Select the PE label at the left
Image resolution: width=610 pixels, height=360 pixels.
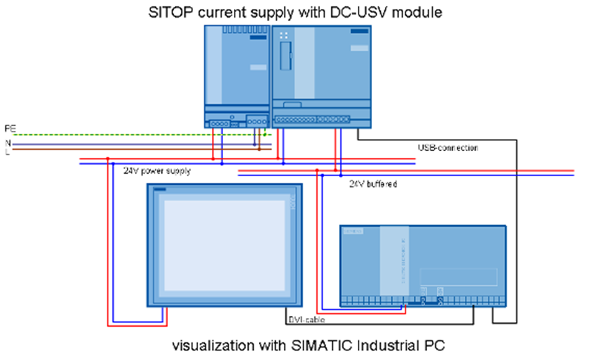pos(10,127)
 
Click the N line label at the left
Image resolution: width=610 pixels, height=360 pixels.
pos(8,143)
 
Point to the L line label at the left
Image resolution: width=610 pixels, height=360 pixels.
pos(7,152)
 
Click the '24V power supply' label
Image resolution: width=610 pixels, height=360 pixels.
pos(157,171)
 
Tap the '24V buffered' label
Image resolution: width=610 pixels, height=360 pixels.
pos(373,184)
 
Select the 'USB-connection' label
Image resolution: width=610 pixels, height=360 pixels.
pos(448,147)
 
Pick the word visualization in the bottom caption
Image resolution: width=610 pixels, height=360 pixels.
pos(214,344)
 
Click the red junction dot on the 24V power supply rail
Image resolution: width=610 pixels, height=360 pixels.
pos(107,159)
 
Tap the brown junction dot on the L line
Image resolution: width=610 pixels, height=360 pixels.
pos(259,150)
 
